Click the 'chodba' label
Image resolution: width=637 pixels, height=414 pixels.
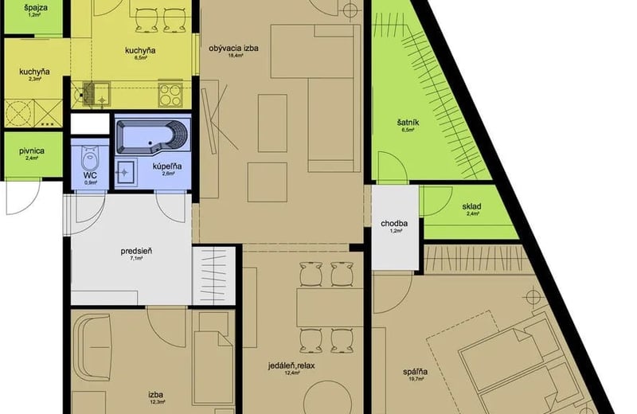394,224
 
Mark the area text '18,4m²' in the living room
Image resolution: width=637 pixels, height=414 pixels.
234,56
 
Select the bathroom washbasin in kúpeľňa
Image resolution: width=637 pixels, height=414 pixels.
125,168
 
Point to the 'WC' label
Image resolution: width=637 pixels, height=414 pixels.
90,174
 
